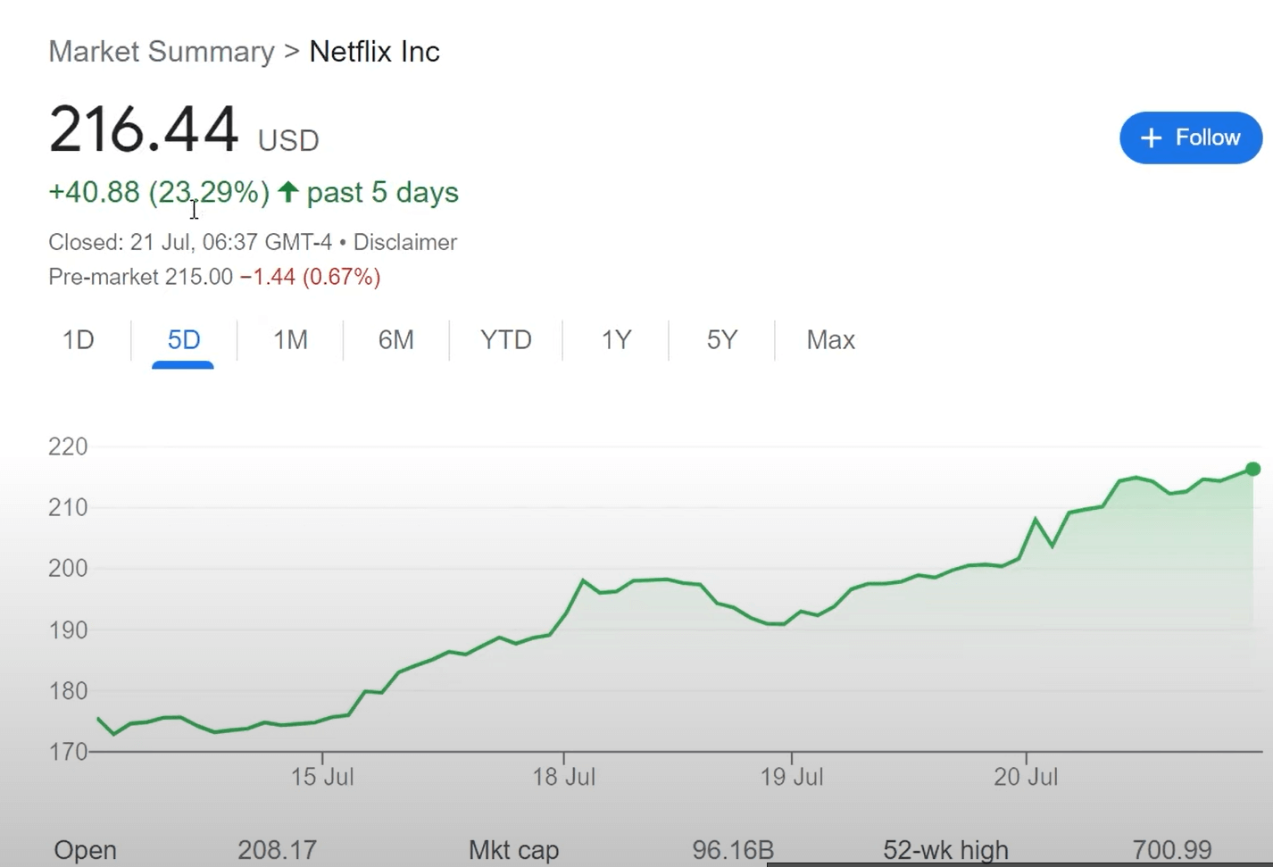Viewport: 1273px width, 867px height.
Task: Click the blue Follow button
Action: (1190, 138)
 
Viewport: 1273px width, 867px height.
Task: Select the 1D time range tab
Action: (79, 340)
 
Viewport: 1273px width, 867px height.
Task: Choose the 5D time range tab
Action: (184, 340)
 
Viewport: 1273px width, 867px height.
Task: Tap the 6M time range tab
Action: (395, 340)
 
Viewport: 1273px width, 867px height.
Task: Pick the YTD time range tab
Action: (505, 340)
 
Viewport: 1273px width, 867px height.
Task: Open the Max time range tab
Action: (830, 340)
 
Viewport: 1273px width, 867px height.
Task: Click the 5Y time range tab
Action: (722, 340)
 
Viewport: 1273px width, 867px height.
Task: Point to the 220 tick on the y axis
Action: (68, 446)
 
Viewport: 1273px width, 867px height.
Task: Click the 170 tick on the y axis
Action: (68, 752)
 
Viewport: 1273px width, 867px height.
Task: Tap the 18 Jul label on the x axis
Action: (563, 777)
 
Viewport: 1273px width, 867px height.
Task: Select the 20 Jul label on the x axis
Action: (1026, 777)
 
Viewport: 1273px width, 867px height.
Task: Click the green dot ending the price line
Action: (1252, 469)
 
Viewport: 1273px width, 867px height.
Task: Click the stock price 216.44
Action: (144, 129)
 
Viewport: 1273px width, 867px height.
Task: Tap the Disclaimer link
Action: (405, 242)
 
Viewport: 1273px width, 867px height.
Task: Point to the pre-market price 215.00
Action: (198, 277)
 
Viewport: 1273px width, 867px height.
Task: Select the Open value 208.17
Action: (277, 849)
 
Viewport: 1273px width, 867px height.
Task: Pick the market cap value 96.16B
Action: (733, 849)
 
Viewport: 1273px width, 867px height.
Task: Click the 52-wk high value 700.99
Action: (1172, 849)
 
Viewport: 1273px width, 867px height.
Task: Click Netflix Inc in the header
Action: (374, 52)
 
